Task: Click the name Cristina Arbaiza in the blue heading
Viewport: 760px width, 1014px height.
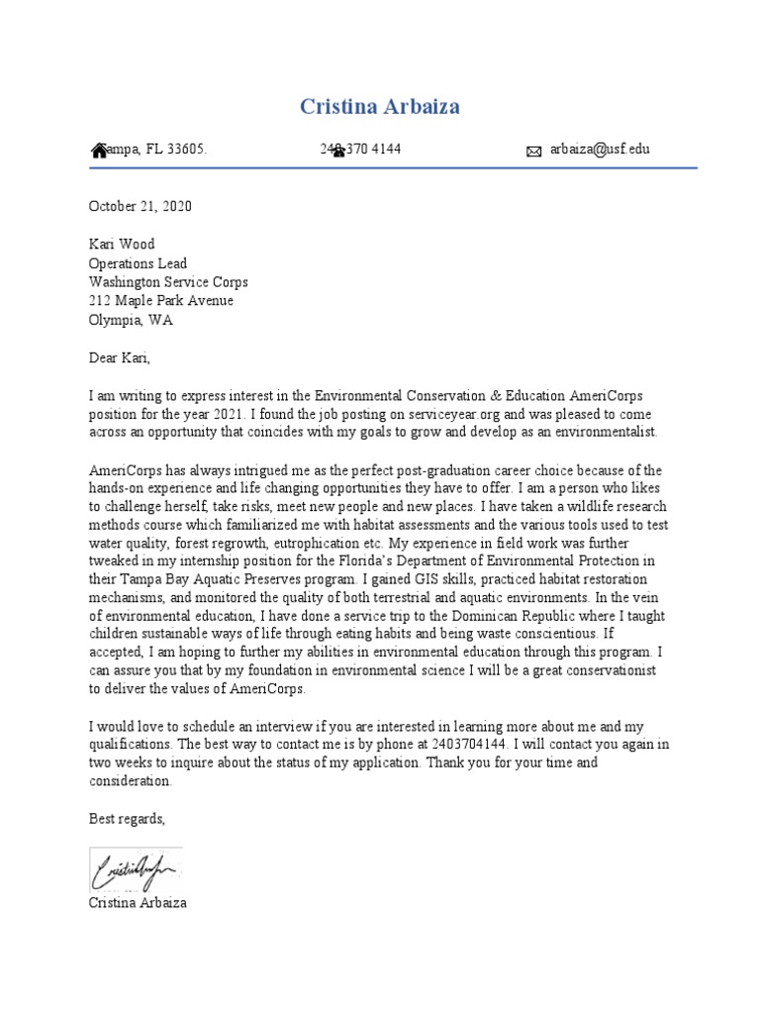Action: tap(380, 107)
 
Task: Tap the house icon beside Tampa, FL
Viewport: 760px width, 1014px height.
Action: tap(98, 151)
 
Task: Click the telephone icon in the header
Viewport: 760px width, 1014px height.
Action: tap(337, 151)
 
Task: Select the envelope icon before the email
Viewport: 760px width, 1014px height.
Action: tap(533, 152)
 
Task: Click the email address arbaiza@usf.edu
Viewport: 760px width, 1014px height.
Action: tap(601, 150)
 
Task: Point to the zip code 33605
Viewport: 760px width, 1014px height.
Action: tap(185, 150)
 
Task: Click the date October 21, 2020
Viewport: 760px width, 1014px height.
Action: tap(141, 207)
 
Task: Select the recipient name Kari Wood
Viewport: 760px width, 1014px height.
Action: tap(122, 245)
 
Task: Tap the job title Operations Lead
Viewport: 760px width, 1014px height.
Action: tap(138, 263)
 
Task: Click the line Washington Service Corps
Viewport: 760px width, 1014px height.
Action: tap(168, 282)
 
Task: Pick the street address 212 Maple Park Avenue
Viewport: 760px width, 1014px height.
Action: tap(161, 301)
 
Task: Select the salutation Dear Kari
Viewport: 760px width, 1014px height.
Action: tap(120, 357)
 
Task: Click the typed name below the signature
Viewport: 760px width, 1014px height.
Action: tap(138, 903)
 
